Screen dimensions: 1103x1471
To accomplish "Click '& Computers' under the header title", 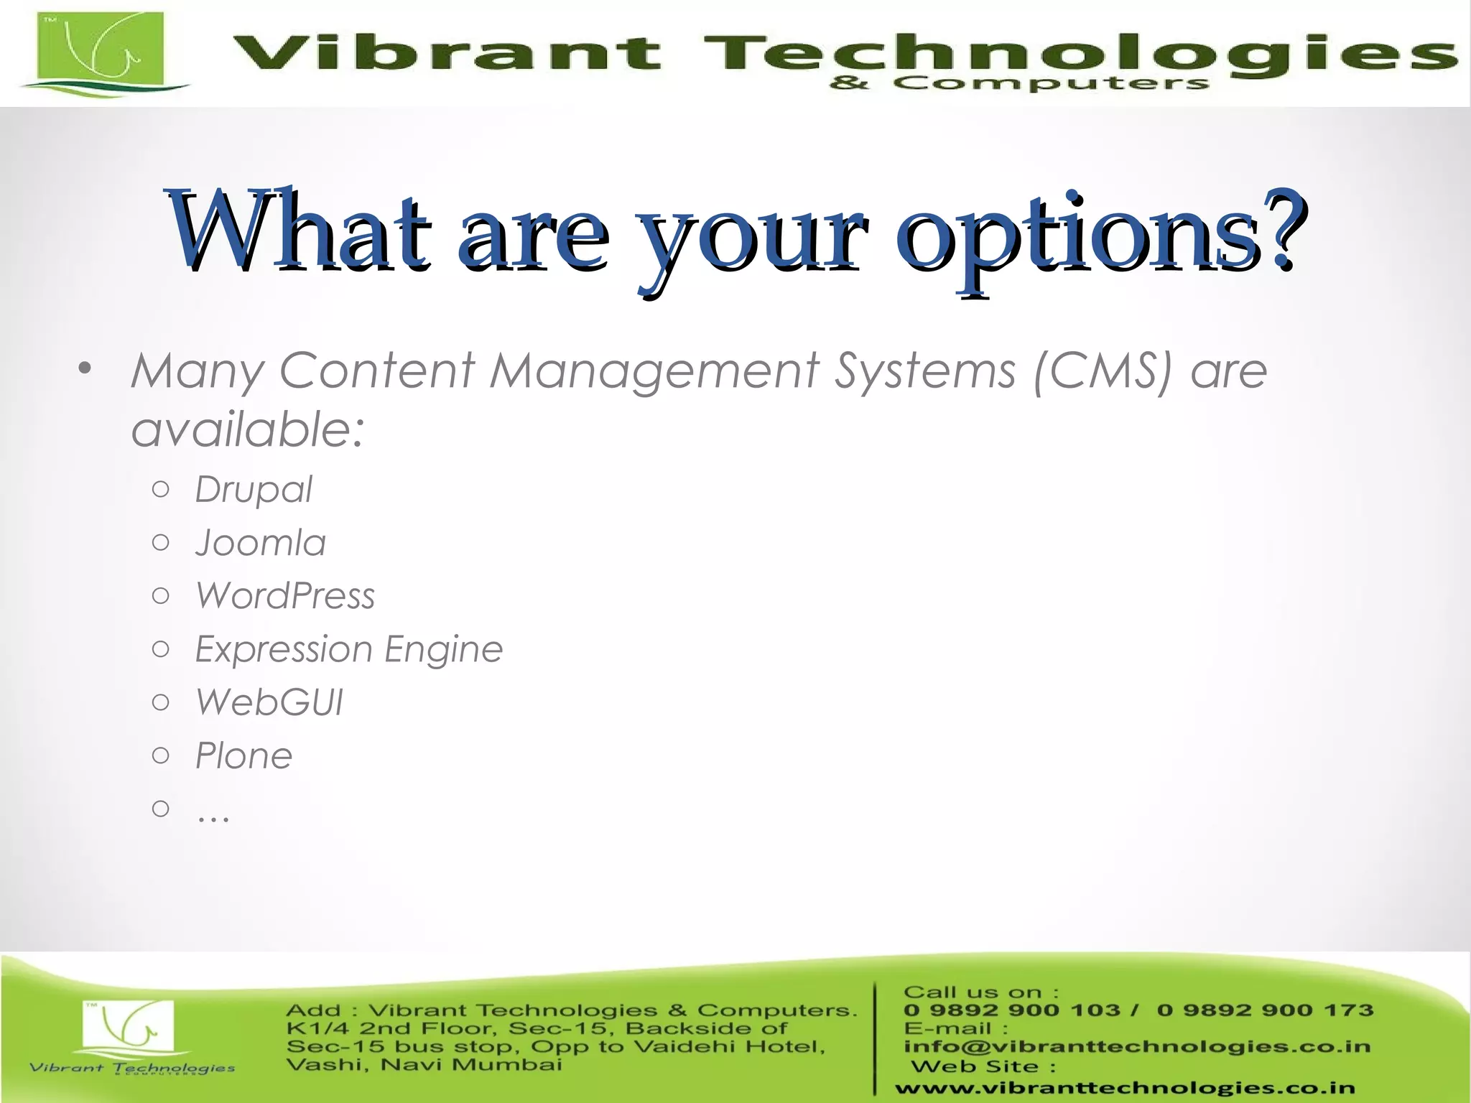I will click(1018, 84).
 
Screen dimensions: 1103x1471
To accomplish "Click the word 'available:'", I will click(248, 430).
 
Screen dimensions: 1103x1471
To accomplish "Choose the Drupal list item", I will click(254, 490).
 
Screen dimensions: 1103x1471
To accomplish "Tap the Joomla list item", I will click(260, 543).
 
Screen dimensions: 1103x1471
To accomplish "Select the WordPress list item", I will click(285, 596).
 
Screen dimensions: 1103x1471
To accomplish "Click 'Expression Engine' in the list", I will click(348, 650).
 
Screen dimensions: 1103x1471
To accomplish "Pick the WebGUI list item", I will click(269, 702).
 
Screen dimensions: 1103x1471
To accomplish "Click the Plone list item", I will click(243, 756).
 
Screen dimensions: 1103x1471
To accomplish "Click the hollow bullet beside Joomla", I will click(161, 542).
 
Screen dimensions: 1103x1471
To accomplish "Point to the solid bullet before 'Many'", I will click(85, 369).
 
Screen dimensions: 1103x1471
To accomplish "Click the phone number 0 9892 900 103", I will click(1011, 1010).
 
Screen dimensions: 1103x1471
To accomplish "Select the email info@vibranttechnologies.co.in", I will click(1136, 1046).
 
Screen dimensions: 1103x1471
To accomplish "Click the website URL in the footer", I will click(1125, 1089).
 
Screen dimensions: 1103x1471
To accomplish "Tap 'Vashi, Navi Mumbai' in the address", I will click(424, 1064).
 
